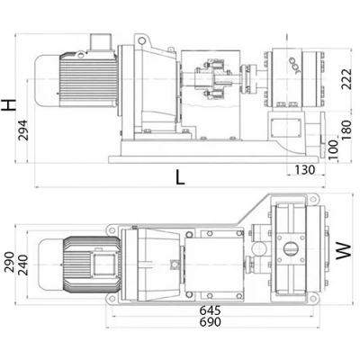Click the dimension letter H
point(9,105)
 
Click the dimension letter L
point(180,177)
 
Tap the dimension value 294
point(22,130)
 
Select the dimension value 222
point(346,79)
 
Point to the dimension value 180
point(346,130)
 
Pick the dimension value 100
point(333,149)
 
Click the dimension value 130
point(305,170)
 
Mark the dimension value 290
point(9,262)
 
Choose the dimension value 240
point(22,265)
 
